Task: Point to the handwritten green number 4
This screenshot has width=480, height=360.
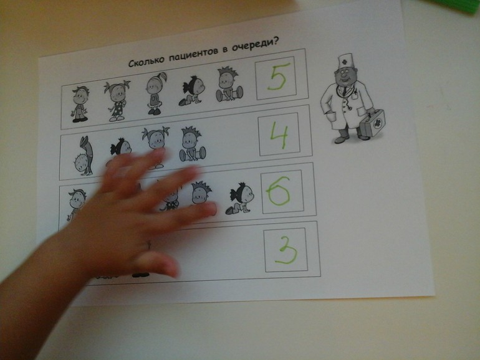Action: pos(279,135)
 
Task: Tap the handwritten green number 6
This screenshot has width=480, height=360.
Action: pos(279,191)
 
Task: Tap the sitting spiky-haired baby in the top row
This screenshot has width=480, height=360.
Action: pos(229,85)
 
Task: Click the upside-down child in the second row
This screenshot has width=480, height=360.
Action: pos(84,156)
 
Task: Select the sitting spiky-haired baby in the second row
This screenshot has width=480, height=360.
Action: pos(191,144)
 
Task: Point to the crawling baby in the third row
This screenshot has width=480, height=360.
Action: pos(240,198)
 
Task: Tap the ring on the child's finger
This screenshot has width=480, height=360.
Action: pos(148,245)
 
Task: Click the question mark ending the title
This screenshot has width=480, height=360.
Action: pos(276,41)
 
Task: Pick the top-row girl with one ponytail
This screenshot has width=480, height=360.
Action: pos(156,93)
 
